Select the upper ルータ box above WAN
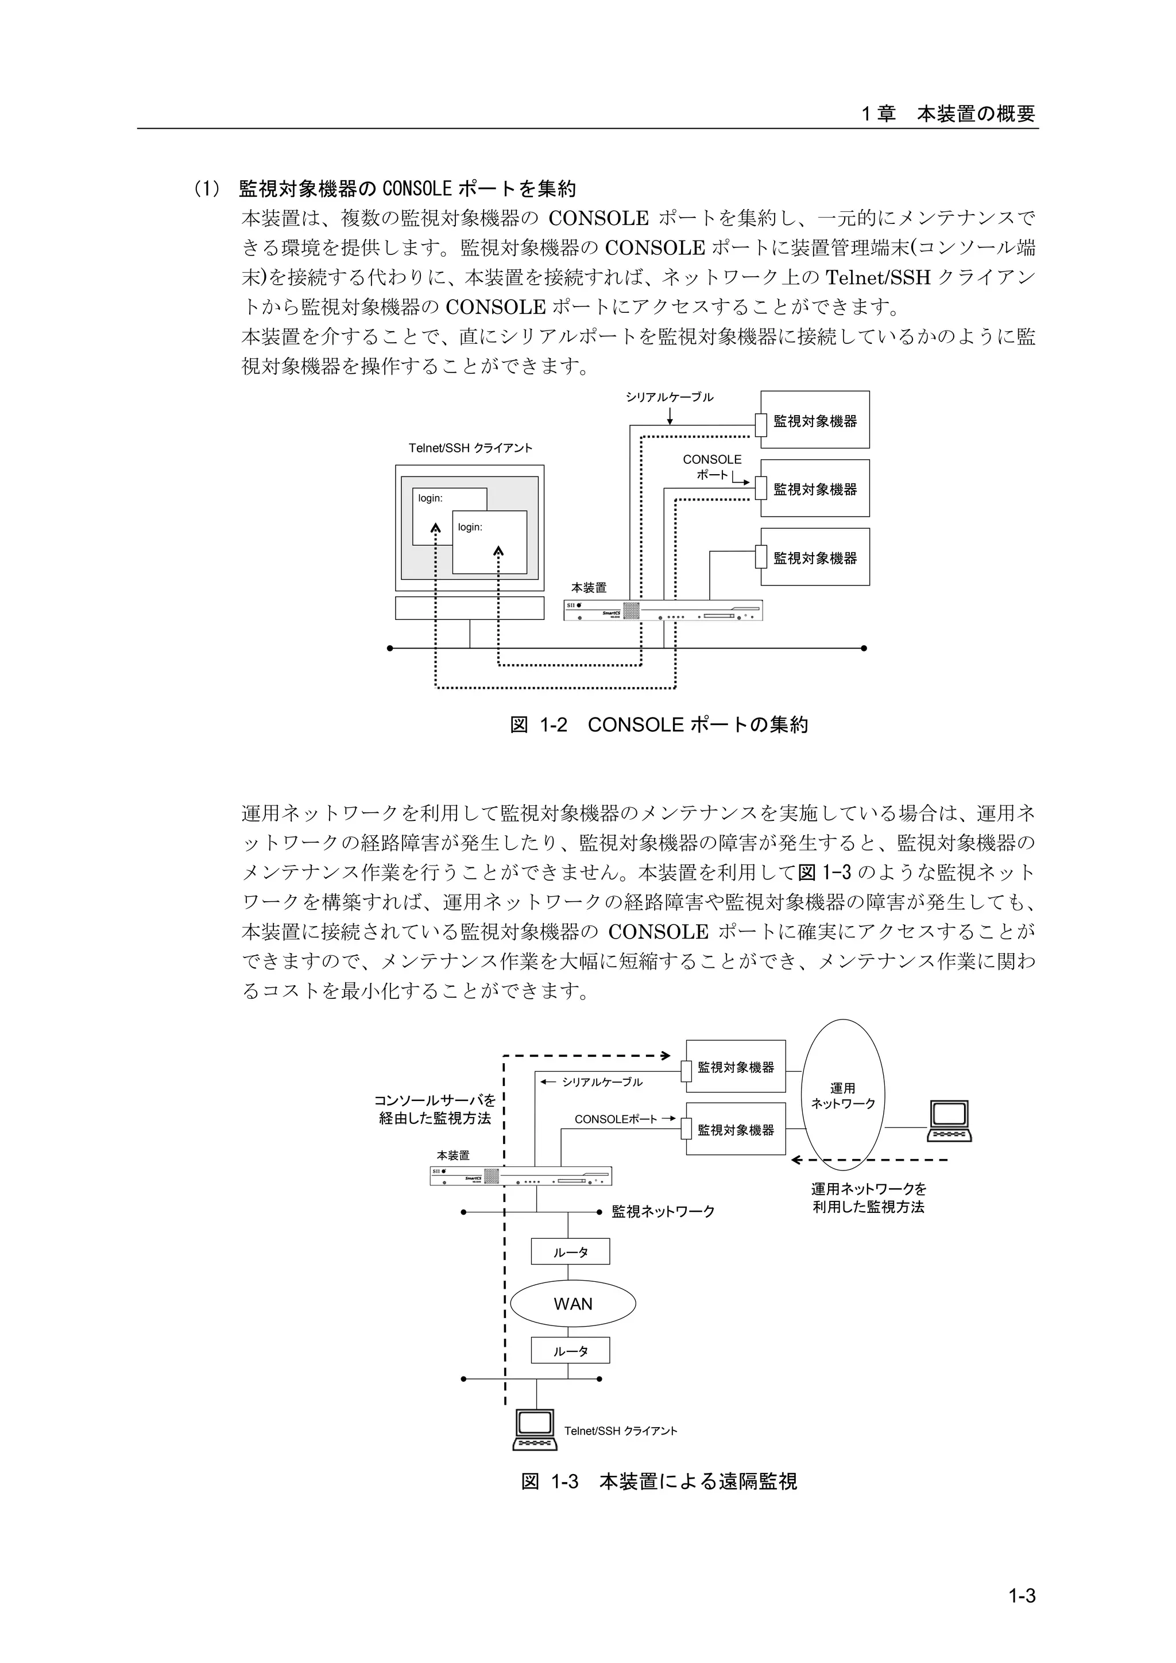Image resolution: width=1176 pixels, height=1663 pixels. pyautogui.click(x=570, y=1251)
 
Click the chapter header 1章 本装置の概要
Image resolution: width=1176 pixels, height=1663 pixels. pyautogui.click(x=948, y=114)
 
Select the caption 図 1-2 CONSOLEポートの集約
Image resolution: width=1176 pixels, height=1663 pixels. pyautogui.click(x=659, y=725)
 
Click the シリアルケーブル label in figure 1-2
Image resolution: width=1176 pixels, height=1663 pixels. pyautogui.click(x=670, y=397)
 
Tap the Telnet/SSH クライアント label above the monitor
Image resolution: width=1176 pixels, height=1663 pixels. pyautogui.click(x=470, y=448)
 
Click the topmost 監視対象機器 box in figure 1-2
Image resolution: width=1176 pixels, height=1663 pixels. pyautogui.click(x=814, y=420)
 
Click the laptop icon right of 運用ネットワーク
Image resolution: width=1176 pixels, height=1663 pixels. pyautogui.click(x=949, y=1122)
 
